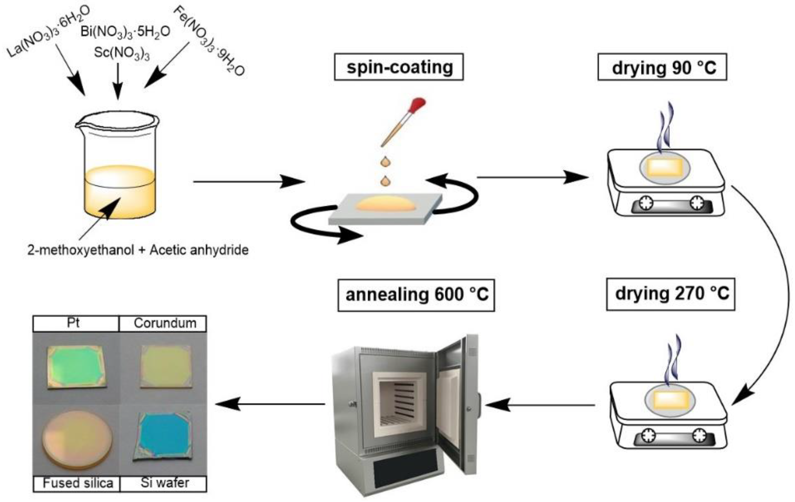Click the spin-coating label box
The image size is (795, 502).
(x=399, y=67)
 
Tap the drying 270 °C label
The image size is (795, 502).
(x=671, y=294)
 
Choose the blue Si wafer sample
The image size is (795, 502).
(x=163, y=435)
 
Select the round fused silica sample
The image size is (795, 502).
(x=77, y=439)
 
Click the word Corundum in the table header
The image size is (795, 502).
(x=165, y=323)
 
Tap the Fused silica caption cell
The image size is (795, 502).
(x=77, y=484)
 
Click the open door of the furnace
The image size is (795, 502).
(x=458, y=405)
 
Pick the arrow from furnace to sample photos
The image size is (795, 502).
(x=270, y=404)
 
